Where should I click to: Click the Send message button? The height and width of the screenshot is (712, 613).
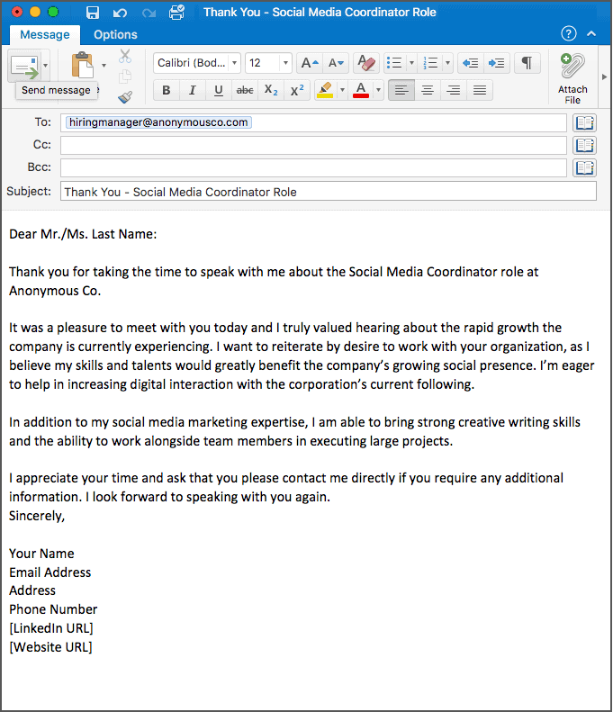coord(25,68)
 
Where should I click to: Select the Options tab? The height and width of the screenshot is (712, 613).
coord(115,35)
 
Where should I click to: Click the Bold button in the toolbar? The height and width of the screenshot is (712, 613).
coord(167,91)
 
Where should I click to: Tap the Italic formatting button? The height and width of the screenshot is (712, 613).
coord(192,91)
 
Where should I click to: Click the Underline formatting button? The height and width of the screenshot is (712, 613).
coord(218,91)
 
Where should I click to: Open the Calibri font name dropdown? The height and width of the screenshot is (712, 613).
coord(196,63)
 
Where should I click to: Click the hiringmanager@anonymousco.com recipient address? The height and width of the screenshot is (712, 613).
coord(158,122)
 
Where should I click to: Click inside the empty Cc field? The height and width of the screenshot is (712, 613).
coord(313,145)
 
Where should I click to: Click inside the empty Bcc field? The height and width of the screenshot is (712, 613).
coord(313,167)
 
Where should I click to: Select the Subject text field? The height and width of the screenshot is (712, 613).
coord(328,192)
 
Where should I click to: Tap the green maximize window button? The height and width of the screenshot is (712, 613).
coord(52,13)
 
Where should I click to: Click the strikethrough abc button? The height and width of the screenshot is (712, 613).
coord(244,91)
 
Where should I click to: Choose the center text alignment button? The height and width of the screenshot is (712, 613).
coord(428,90)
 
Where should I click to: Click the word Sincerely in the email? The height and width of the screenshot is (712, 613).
coord(37,516)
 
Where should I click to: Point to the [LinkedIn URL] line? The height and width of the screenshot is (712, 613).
coord(51,628)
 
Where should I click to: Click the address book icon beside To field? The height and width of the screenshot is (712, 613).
coord(585,122)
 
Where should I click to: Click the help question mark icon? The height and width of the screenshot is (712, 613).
coord(568,34)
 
